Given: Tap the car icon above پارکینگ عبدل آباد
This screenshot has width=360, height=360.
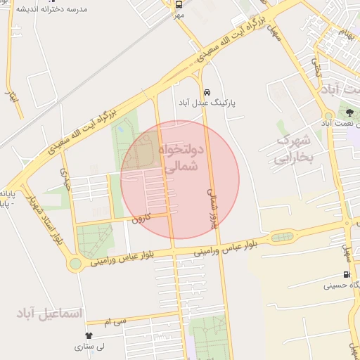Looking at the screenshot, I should click(x=206, y=92).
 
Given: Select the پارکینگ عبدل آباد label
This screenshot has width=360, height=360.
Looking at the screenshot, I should click(x=207, y=103).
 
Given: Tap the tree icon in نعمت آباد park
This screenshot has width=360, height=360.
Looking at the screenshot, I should click(x=350, y=112).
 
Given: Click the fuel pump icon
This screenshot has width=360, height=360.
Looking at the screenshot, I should click(x=346, y=274).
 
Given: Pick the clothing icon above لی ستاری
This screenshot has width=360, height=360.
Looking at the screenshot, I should click(x=89, y=336).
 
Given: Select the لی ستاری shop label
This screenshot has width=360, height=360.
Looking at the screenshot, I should click(x=89, y=347).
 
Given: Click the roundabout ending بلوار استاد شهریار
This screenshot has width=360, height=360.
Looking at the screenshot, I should click(x=75, y=264).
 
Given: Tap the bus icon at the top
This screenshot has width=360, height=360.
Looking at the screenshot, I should click(x=179, y=4).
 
